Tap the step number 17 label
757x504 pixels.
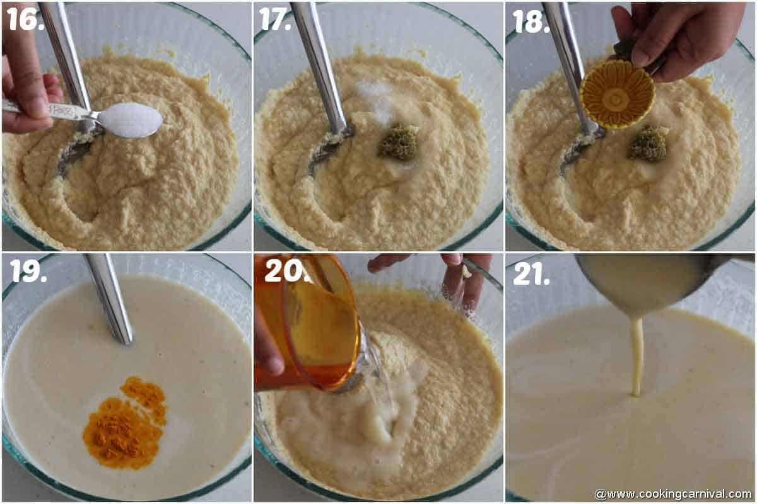coord(275,19)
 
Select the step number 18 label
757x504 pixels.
coord(531,21)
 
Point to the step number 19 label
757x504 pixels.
coord(28,270)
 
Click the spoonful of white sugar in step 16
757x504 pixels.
coord(130,120)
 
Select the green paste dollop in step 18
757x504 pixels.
coord(647,143)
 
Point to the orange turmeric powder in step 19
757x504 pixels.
coord(125,423)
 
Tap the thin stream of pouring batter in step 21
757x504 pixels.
coord(637,355)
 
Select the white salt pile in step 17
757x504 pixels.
coord(375,100)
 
